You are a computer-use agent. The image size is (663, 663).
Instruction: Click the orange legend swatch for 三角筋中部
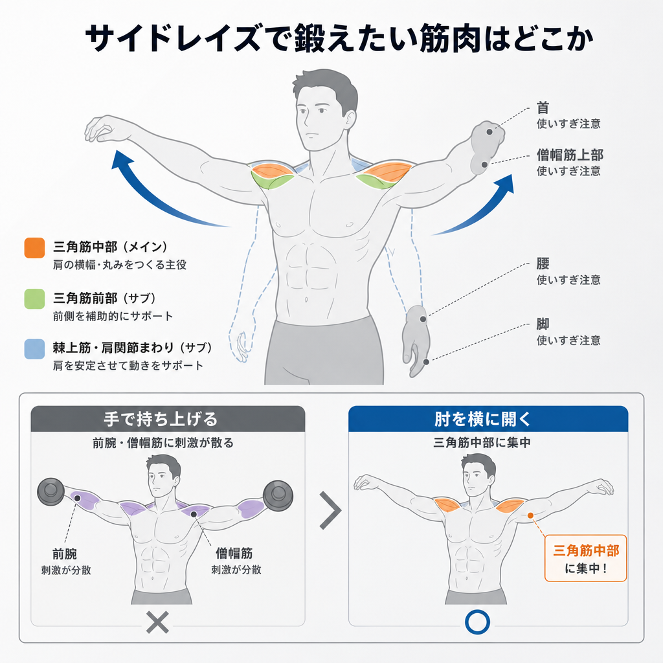pos(35,248)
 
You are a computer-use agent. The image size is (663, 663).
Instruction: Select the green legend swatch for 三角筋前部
pos(35,299)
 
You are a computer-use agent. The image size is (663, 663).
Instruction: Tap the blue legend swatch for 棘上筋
pos(35,349)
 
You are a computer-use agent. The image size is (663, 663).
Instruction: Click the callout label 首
pos(543,108)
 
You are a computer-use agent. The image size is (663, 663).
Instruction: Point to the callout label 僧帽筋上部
pos(570,155)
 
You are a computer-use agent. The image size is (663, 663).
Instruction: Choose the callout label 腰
pos(543,264)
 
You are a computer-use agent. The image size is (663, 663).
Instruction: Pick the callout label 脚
pos(543,324)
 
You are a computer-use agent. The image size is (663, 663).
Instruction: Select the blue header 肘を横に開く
pos(488,419)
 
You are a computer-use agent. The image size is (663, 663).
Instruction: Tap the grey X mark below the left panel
pos(157,622)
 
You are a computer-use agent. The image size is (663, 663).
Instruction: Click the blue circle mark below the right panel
pos(477,622)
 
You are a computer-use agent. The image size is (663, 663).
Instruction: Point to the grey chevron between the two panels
pos(331,510)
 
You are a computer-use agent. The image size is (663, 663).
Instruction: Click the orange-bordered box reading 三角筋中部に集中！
pos(585,558)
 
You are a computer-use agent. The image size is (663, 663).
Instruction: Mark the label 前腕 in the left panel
pos(65,554)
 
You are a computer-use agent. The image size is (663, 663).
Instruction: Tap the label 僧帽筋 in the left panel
pos(234,553)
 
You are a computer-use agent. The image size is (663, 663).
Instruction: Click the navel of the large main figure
pos(306,300)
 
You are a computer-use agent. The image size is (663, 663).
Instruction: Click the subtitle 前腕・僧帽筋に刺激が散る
pos(163,443)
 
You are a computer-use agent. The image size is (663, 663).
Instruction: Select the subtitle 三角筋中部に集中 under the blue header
pos(482,443)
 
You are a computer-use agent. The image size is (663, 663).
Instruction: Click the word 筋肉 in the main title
pos(451,38)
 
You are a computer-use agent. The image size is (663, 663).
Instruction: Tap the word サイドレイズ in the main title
pos(172,38)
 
